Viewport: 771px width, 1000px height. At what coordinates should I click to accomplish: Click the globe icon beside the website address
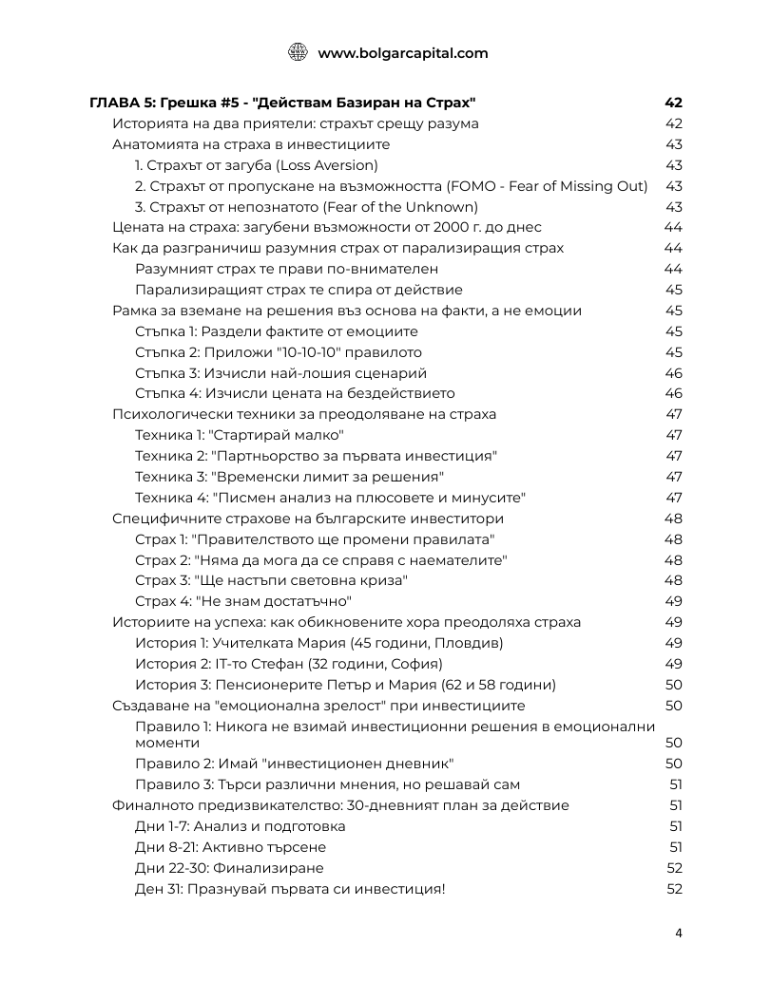coord(298,53)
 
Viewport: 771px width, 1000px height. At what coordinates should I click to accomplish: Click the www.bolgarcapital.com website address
coord(402,53)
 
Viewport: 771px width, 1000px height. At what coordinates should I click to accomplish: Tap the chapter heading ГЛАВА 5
coord(282,103)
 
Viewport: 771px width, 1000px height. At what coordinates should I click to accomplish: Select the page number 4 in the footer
coord(679,932)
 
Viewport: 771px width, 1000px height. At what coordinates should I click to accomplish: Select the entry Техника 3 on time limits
coord(289,477)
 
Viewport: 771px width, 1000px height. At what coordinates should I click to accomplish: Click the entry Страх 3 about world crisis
coord(272,580)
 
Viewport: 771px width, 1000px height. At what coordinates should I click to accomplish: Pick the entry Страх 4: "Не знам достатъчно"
coord(243,601)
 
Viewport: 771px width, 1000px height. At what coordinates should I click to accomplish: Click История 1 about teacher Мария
coord(319,643)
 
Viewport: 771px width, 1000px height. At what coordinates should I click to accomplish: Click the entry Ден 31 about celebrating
coord(290,889)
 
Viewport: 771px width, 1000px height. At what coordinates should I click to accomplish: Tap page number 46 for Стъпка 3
coord(673,373)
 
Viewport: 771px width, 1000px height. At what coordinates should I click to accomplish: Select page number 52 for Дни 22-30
coord(674,868)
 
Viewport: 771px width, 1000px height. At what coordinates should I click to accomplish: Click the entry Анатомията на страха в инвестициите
coord(251,144)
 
